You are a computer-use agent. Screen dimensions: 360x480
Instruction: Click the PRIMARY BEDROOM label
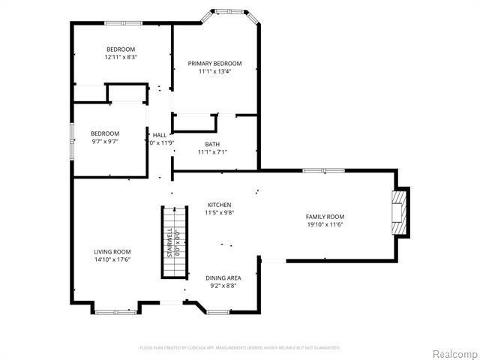click(x=214, y=64)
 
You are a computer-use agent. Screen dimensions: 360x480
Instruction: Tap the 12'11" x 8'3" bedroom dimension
click(x=120, y=56)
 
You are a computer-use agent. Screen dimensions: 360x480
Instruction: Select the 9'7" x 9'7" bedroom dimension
click(x=105, y=141)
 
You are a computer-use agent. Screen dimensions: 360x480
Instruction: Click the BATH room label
click(x=212, y=143)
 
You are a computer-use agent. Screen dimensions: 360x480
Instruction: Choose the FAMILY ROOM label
click(x=325, y=216)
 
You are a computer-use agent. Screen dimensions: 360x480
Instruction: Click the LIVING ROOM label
click(x=112, y=252)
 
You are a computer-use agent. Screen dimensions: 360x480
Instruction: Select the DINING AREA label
click(x=223, y=277)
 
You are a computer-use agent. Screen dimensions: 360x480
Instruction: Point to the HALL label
click(x=159, y=135)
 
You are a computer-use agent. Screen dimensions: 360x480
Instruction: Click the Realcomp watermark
click(x=453, y=353)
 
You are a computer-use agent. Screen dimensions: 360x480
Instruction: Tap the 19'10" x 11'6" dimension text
click(x=325, y=223)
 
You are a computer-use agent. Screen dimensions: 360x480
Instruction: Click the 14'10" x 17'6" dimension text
click(x=112, y=259)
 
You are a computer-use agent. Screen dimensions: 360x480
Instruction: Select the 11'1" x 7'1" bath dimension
click(x=212, y=151)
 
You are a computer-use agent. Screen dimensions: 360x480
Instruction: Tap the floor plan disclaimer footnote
click(x=240, y=347)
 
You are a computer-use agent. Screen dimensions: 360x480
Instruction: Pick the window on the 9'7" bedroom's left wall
click(x=72, y=134)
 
